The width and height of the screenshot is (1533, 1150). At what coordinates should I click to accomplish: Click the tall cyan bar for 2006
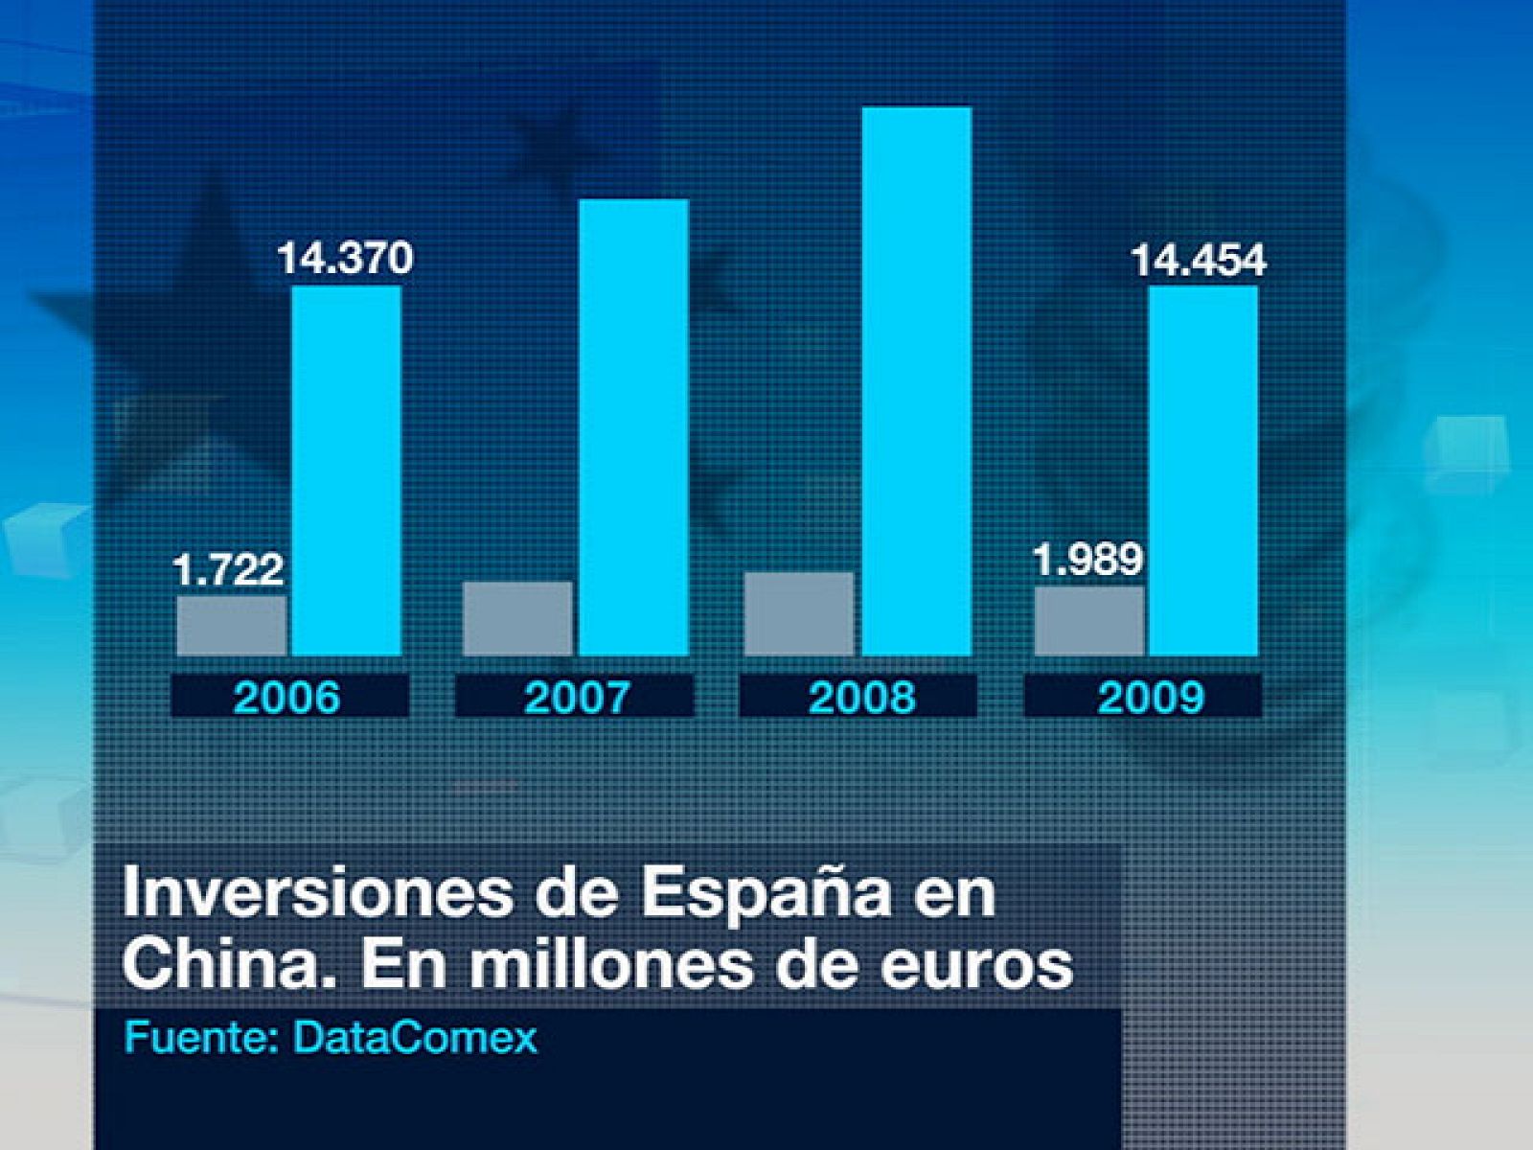tap(346, 471)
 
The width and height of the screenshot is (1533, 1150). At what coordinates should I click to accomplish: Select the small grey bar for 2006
tap(232, 626)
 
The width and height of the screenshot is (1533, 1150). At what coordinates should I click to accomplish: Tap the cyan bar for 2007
tap(633, 427)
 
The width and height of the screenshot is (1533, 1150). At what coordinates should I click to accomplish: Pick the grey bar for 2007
tap(517, 619)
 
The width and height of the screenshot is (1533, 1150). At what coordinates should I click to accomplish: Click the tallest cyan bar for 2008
tap(917, 381)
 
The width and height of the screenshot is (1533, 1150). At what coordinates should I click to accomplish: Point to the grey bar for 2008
tap(799, 614)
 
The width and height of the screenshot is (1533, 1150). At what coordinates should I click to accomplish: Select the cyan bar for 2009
tap(1203, 471)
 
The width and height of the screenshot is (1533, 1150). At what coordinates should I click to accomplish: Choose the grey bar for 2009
tap(1089, 621)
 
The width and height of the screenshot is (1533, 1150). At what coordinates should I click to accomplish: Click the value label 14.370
tap(345, 259)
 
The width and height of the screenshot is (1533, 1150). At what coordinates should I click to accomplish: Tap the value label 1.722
tap(228, 570)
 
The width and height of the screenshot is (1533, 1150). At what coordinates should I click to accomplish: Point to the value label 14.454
tap(1199, 261)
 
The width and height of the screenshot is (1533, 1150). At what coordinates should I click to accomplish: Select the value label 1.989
tap(1088, 560)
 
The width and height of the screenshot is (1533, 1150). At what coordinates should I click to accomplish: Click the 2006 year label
tap(287, 697)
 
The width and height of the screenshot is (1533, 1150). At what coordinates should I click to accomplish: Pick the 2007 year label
tap(576, 697)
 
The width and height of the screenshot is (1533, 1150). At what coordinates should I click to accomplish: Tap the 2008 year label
tap(861, 697)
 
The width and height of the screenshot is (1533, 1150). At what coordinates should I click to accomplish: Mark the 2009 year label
tap(1150, 697)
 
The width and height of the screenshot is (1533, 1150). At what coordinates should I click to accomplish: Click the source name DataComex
tap(415, 1038)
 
